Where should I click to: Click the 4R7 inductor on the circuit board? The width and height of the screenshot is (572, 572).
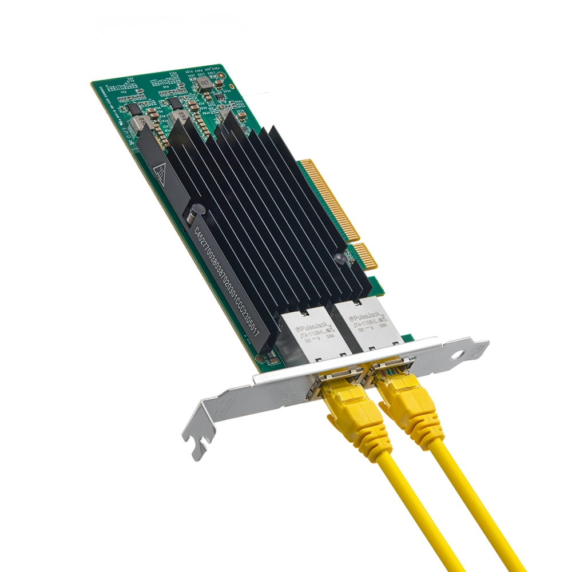[202, 86]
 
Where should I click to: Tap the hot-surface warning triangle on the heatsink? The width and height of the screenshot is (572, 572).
[161, 171]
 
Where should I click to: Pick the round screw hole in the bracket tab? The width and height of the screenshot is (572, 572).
[457, 355]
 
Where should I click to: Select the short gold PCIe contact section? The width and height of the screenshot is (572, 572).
[364, 255]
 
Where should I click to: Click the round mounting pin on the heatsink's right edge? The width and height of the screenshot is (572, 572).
[339, 258]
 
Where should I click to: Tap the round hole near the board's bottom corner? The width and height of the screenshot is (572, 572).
[260, 359]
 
